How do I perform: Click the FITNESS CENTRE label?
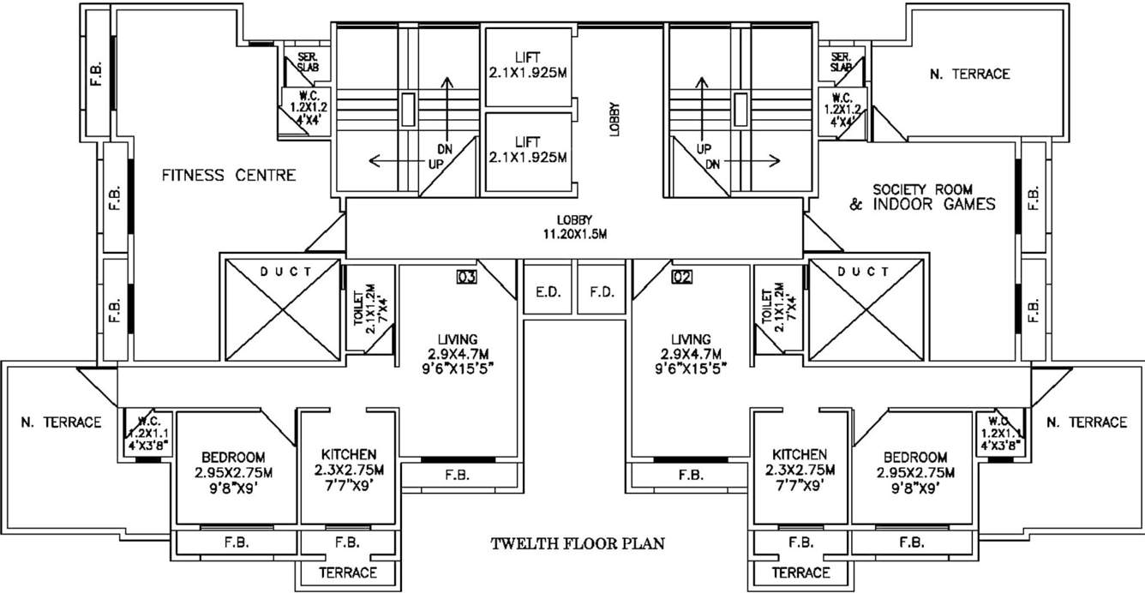point(229,176)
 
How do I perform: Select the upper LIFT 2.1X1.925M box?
point(528,66)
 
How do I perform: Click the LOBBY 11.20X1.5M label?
point(573,227)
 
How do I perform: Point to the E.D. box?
point(548,292)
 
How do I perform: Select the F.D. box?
point(602,292)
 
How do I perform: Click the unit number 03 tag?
point(466,276)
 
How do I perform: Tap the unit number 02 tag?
point(681,276)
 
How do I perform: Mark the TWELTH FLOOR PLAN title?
point(578,543)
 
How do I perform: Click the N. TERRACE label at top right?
point(969,74)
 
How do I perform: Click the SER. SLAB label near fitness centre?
point(309,62)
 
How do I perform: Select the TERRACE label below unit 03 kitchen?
point(348,572)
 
